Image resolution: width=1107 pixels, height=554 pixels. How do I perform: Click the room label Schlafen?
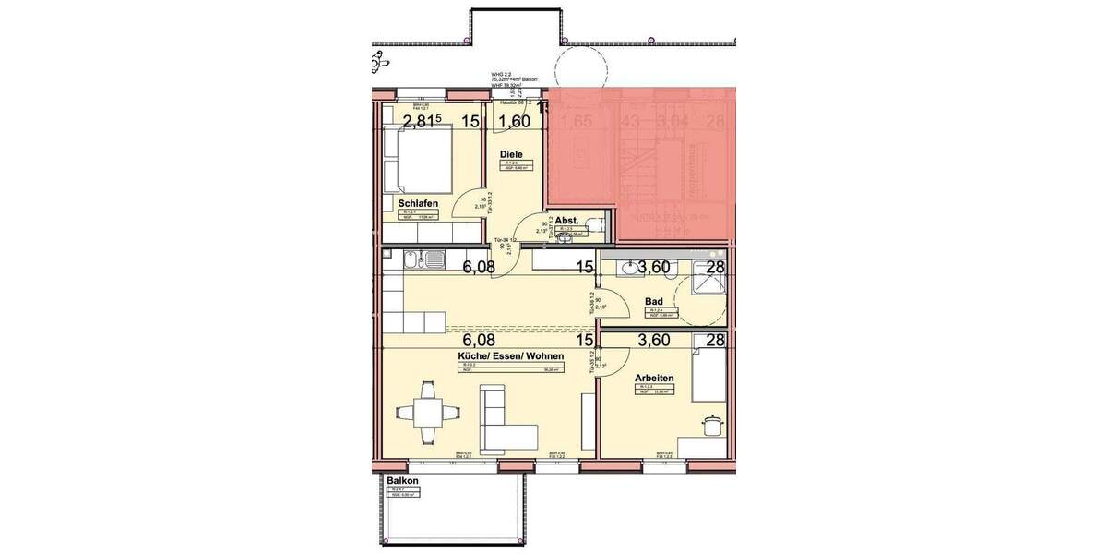coord(418,203)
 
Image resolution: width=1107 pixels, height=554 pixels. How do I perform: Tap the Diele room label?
coord(512,154)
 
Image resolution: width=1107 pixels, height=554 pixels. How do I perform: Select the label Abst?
coord(566,220)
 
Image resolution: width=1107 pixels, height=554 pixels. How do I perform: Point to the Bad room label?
coord(655,301)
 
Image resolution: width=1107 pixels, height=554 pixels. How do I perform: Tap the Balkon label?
coord(403,482)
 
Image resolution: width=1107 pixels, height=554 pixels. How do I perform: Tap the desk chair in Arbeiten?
coord(712,425)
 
